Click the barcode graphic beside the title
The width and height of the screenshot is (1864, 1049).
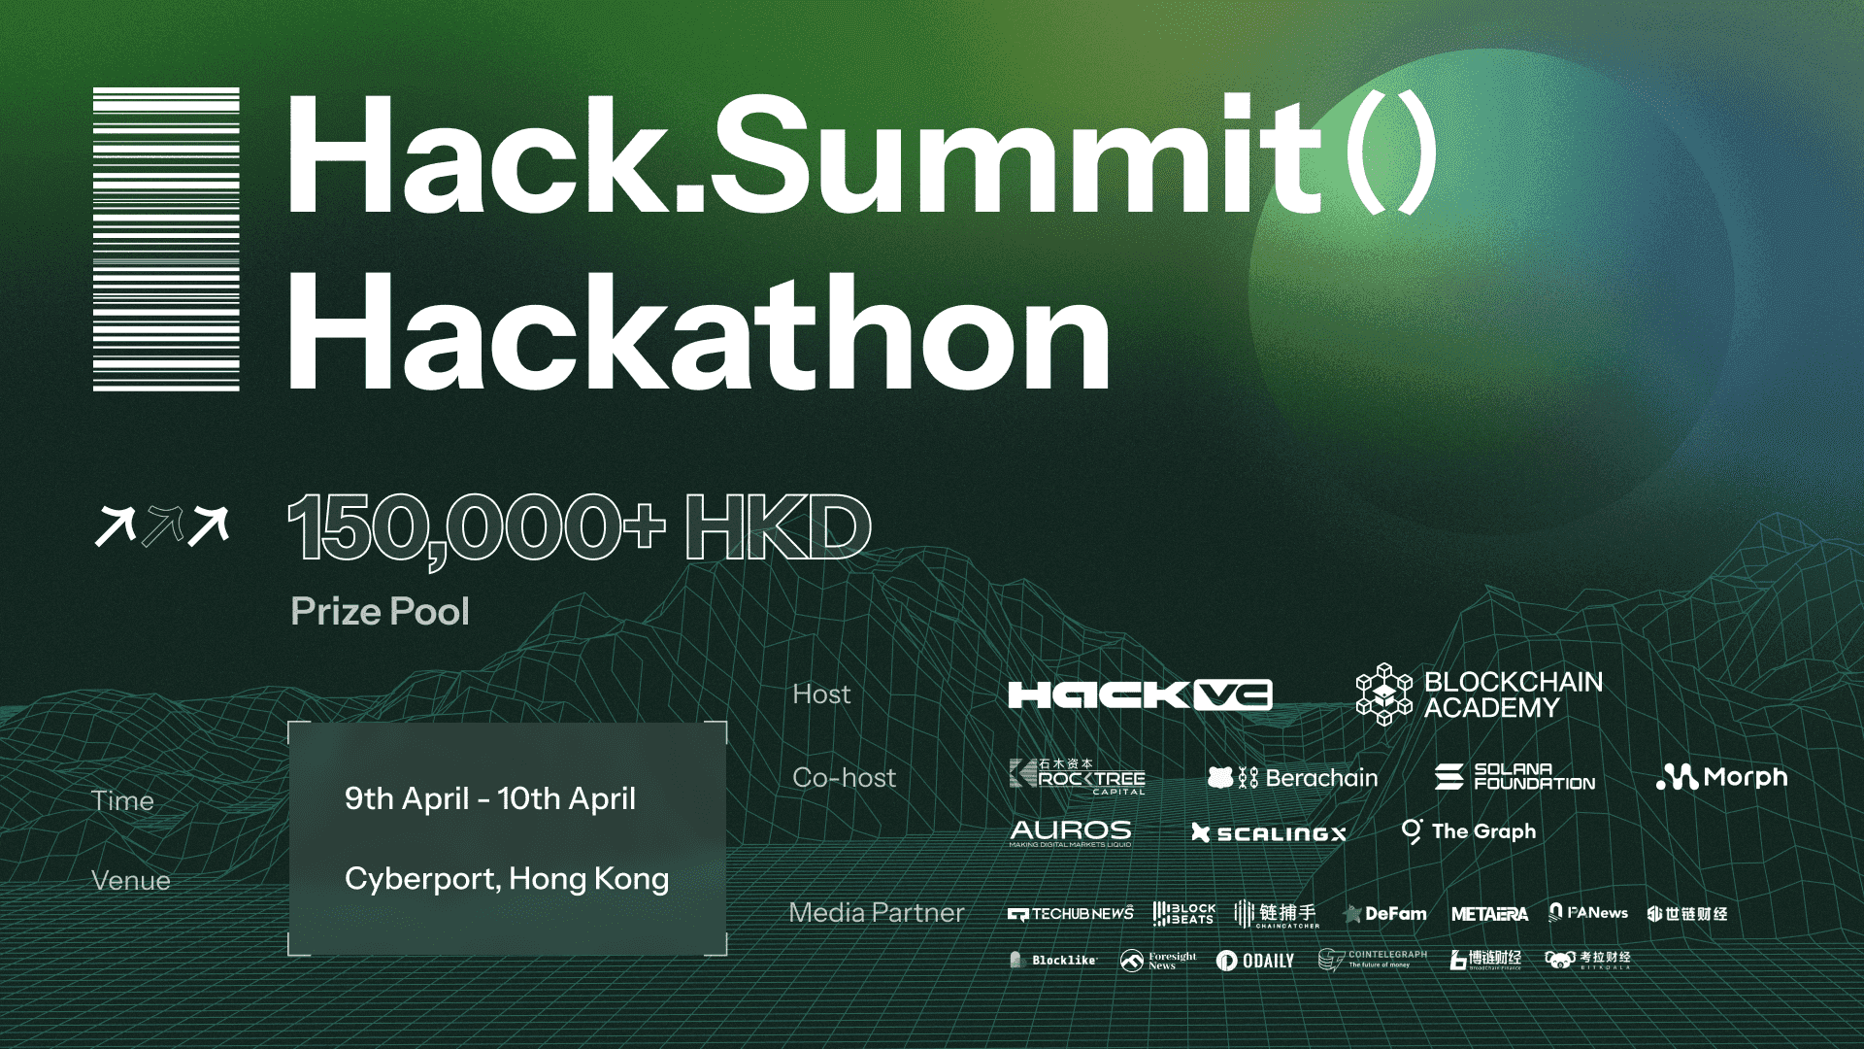point(166,239)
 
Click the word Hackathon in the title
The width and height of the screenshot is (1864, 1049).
point(698,332)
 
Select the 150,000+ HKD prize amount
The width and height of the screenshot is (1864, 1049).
point(579,527)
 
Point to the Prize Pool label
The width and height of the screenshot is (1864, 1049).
point(380,612)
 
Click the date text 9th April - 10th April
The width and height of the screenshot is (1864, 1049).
point(490,798)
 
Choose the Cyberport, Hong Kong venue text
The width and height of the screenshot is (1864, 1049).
point(506,879)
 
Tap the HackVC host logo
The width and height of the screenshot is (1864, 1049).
point(1140,694)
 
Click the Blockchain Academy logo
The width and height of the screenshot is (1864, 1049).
point(1479,694)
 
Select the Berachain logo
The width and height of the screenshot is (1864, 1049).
point(1292,777)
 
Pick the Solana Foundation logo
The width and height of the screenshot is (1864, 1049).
point(1514,776)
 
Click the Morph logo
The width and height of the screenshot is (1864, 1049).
point(1721,777)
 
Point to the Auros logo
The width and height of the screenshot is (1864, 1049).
point(1070,832)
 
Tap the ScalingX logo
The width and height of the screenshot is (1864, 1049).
point(1268,833)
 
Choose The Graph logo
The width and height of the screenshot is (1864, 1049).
point(1469,831)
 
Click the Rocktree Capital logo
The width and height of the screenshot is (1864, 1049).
point(1077,777)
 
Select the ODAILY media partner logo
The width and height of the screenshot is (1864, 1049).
point(1254,961)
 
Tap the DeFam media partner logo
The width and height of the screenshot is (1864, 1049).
point(1384,914)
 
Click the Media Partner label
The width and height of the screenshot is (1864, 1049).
point(876,913)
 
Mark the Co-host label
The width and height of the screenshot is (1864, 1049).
point(844,778)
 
